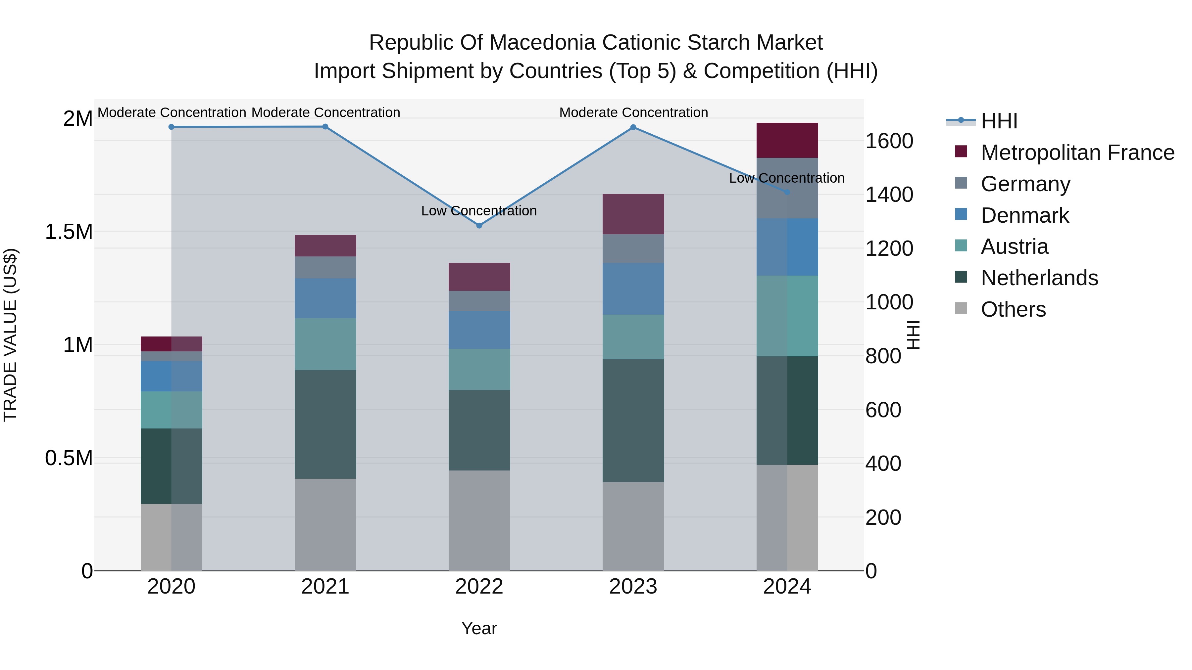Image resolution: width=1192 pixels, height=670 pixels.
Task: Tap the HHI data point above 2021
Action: coord(325,127)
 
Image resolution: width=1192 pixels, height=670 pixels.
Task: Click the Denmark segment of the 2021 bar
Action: coord(325,298)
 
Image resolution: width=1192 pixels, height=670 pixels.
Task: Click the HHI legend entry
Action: coord(999,121)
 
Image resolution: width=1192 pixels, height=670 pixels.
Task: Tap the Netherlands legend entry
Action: coord(1039,278)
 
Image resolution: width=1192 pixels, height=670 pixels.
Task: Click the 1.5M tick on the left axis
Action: coord(69,232)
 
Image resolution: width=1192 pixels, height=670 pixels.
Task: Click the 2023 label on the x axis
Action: coord(633,587)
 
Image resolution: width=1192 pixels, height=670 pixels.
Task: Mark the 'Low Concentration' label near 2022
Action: coord(479,211)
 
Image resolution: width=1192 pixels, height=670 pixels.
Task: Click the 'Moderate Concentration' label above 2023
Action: coord(633,112)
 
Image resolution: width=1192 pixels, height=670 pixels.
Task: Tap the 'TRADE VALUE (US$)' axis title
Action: coord(10,335)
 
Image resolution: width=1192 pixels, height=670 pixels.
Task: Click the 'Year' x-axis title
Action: coord(479,628)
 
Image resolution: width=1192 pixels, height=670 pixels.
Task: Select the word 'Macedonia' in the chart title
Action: coord(542,43)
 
